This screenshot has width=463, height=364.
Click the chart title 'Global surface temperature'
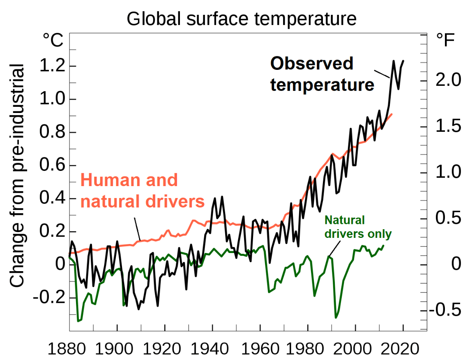coord(242,18)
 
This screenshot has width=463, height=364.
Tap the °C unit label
coord(53,40)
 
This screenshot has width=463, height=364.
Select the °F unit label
coord(445,40)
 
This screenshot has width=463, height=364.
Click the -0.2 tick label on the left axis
coord(49,297)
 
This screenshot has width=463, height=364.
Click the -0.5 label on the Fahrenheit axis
coord(445,310)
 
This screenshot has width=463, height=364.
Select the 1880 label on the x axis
coord(67,349)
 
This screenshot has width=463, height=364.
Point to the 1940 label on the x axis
coord(210,349)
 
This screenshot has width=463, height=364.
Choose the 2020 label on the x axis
coord(400,349)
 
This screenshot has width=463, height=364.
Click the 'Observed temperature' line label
coord(322,74)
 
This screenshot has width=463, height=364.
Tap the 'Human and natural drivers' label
coord(143,191)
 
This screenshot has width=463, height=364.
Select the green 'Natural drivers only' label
coord(358,227)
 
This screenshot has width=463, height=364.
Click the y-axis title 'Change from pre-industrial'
coord(17,175)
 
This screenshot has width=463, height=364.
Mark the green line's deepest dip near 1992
coord(336,318)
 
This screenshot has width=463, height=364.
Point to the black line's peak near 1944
coord(222,197)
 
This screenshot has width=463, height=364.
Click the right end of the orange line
coord(392,114)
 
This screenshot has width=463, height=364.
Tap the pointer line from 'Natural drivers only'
coord(334,249)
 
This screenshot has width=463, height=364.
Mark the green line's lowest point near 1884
coord(78,321)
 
